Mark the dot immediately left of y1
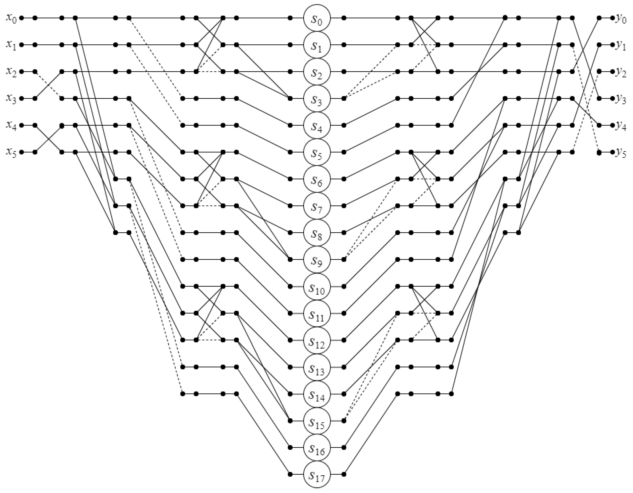point(612,45)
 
